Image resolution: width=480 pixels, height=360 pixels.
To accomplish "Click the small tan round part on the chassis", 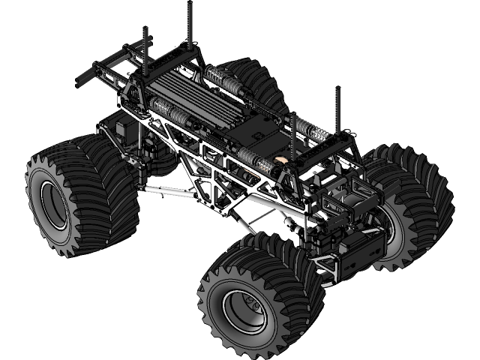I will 281,160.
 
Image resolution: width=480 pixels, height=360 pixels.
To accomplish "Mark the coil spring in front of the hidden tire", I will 223,80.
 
